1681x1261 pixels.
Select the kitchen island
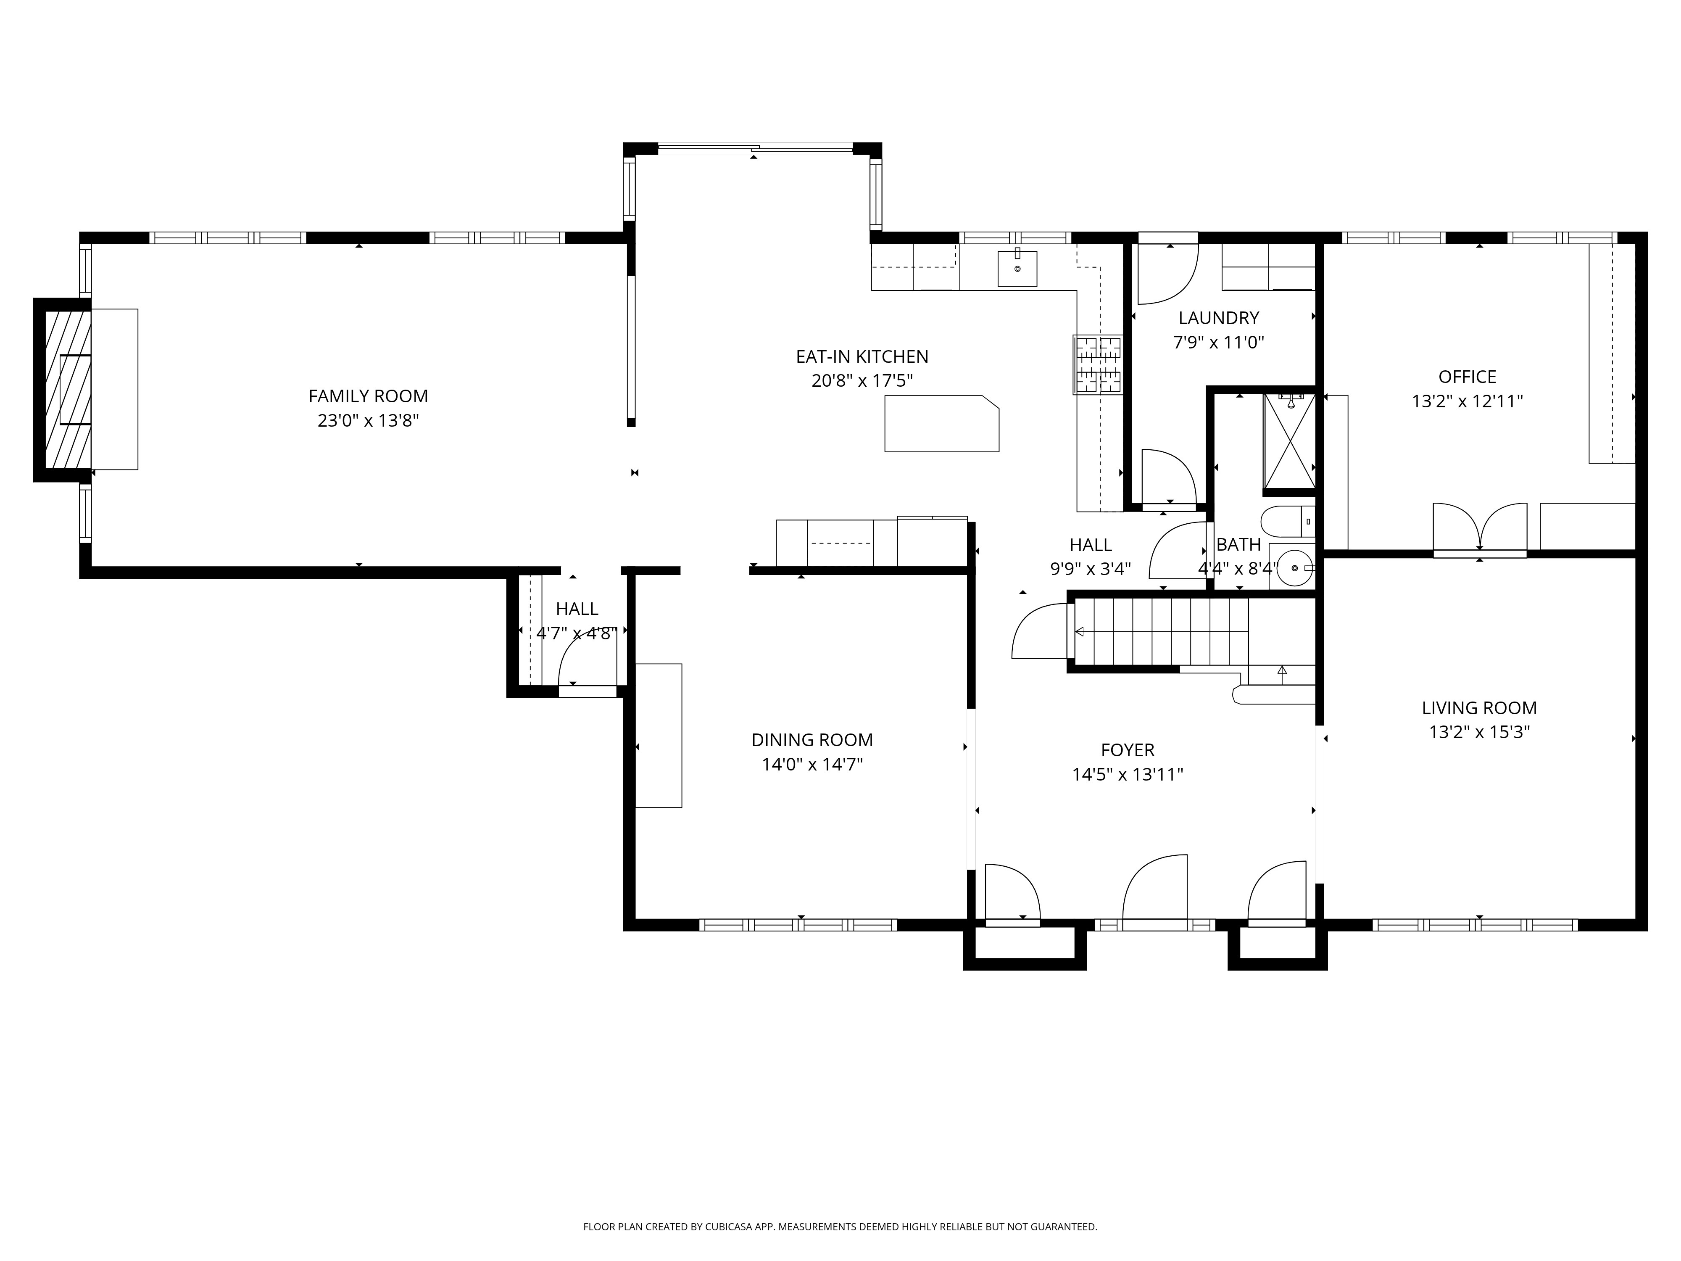(x=942, y=423)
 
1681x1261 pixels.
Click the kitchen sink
(x=1017, y=268)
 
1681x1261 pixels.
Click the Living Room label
(x=1479, y=708)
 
